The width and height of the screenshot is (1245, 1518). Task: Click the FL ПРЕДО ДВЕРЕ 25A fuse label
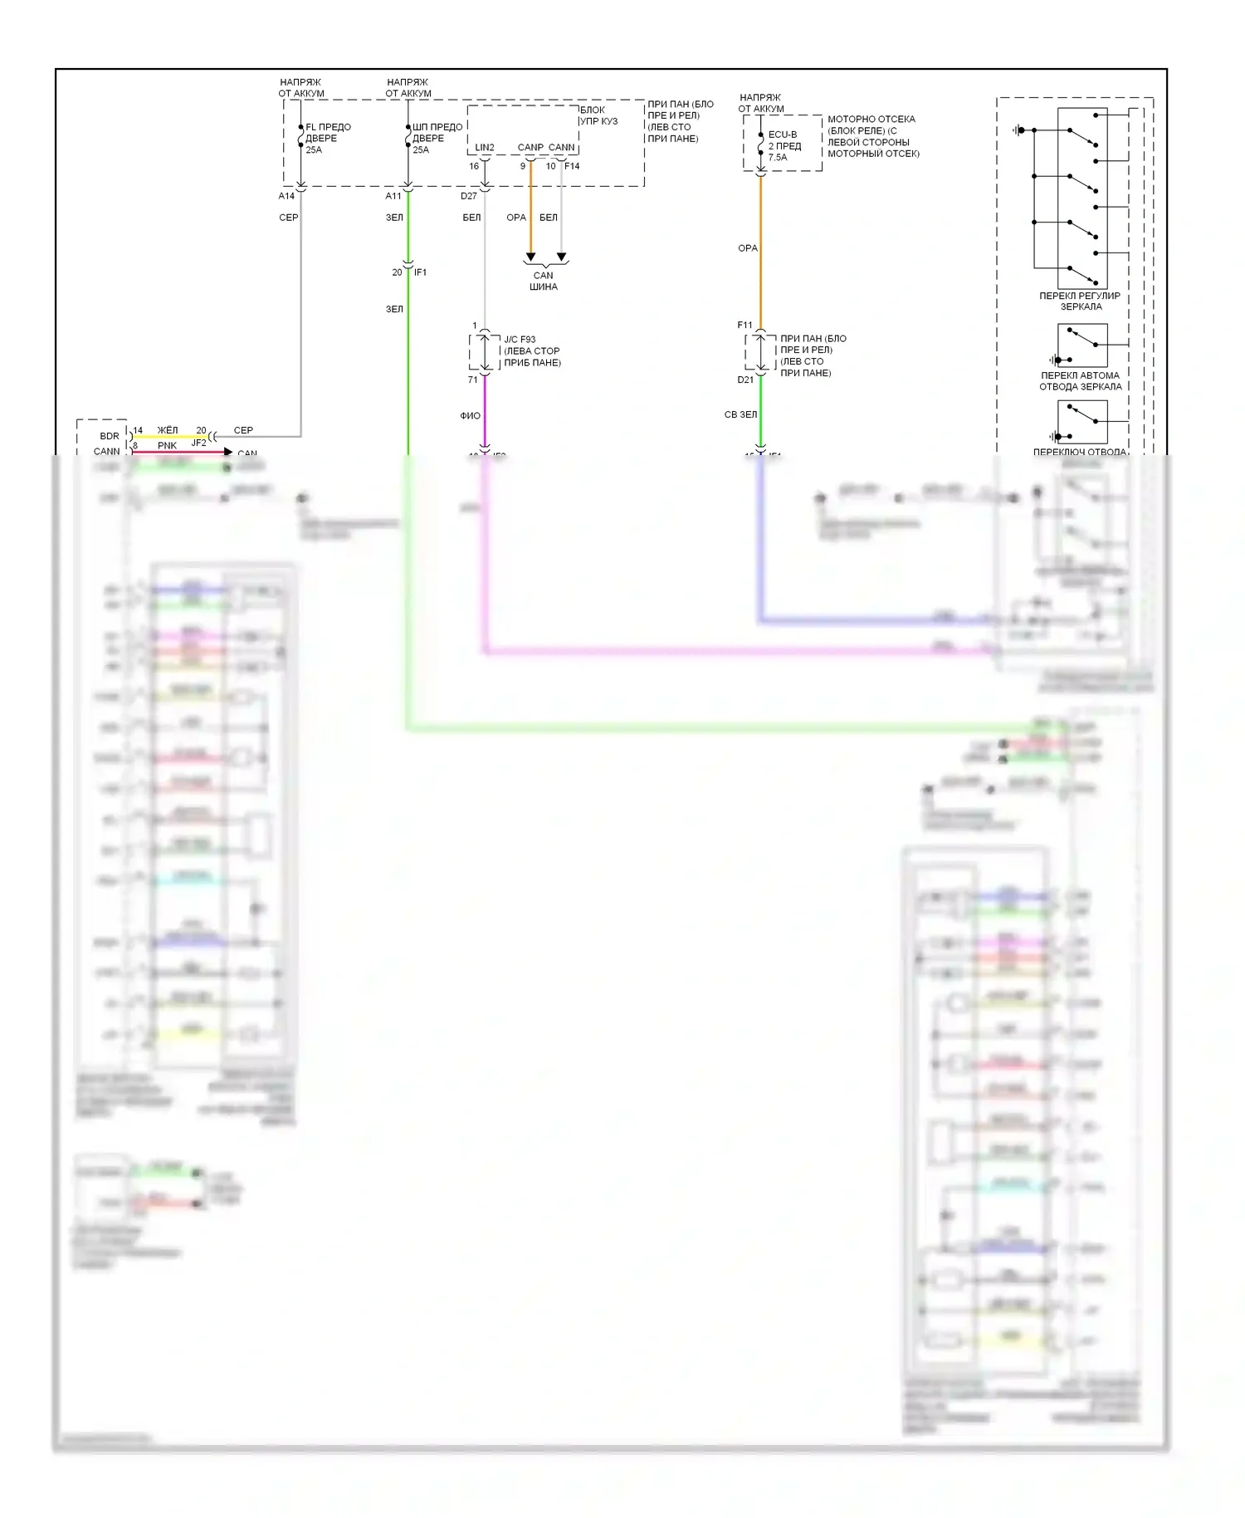tap(327, 139)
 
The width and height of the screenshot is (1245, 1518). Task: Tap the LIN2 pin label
tap(485, 148)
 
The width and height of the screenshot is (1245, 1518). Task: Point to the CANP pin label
tap(530, 148)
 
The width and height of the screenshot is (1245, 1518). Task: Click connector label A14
tap(286, 196)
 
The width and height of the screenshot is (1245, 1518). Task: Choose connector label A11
tap(393, 196)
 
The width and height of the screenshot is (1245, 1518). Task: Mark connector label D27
tap(469, 196)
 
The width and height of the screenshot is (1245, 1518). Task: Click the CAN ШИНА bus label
tap(544, 281)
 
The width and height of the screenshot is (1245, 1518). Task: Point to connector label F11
tap(745, 325)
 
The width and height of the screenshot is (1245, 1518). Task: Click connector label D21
tap(745, 379)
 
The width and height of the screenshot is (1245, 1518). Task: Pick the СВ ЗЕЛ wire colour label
tap(740, 414)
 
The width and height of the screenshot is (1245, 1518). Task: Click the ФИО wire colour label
tap(470, 416)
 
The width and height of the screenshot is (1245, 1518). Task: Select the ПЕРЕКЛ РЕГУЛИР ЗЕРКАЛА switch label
tap(1080, 301)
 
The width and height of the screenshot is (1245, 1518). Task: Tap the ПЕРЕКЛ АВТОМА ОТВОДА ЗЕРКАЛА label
tap(1080, 380)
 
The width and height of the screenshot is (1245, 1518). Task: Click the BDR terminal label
tap(110, 436)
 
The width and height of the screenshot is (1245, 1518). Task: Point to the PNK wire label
tap(167, 446)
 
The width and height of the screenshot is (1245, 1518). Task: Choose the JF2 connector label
tap(198, 443)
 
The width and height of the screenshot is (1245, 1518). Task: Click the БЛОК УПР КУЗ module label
tap(598, 115)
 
